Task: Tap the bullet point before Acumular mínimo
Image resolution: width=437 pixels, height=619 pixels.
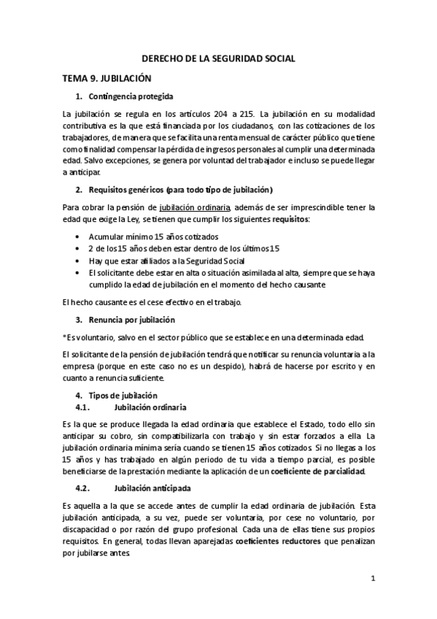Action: [78, 237]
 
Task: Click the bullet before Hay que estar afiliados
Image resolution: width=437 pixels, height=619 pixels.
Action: [78, 260]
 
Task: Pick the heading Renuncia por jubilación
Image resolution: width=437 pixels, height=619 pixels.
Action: [131, 320]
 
